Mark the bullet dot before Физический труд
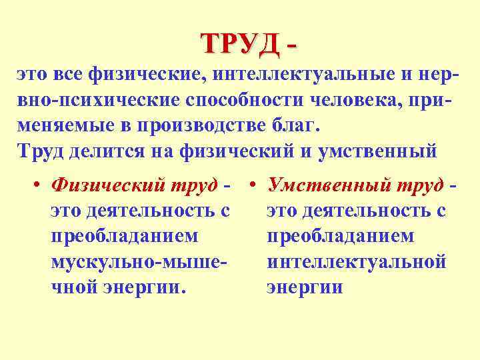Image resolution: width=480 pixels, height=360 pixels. coord(40,187)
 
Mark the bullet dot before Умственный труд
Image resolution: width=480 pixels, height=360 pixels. coord(256,187)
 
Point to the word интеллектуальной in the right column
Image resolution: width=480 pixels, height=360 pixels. coord(355,262)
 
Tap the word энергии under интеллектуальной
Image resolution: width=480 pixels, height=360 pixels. coord(304,287)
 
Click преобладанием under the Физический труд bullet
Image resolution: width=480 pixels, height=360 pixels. coord(124,237)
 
